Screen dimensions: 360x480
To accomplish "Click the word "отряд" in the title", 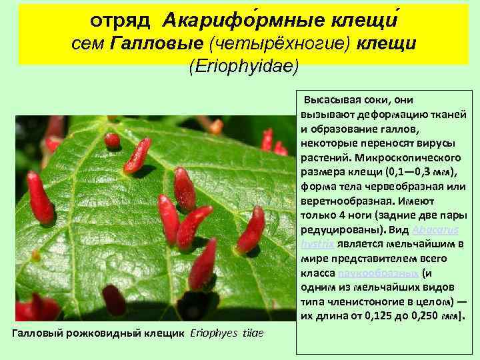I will tap(122, 19).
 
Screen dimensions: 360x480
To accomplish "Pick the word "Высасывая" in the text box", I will tap(331, 100).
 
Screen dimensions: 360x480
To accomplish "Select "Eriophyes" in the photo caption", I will tap(213, 333).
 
